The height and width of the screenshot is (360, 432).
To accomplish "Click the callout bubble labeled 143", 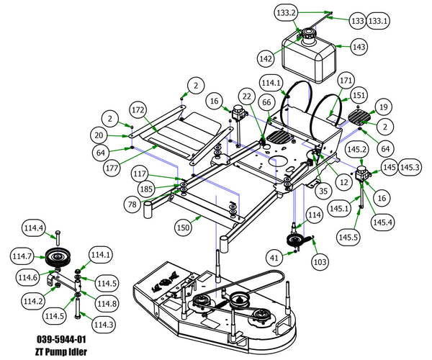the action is [x=359, y=47].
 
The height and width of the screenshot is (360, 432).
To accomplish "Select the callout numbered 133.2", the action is [x=287, y=13].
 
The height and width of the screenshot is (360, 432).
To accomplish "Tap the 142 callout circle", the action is [x=266, y=58].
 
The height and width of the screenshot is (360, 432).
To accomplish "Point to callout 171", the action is [x=346, y=81].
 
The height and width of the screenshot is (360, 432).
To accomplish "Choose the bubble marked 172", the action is [x=138, y=110].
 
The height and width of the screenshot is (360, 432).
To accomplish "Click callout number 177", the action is [x=112, y=167].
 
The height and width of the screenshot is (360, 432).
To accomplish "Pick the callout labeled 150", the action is [x=183, y=228].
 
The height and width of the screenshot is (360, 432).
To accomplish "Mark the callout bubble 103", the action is [x=320, y=261].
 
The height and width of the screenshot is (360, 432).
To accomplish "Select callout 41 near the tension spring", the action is [x=274, y=258].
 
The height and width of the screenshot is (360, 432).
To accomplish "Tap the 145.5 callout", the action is [x=348, y=237].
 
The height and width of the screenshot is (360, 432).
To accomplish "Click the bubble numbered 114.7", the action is [x=22, y=256].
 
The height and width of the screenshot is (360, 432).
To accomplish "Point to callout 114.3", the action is [x=104, y=325].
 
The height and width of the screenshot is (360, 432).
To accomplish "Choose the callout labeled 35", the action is [x=323, y=190].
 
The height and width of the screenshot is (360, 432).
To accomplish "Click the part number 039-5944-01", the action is [x=61, y=339].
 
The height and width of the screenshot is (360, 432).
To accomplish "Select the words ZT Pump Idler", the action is [x=61, y=352].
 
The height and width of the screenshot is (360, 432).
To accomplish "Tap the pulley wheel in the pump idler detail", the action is [x=58, y=257].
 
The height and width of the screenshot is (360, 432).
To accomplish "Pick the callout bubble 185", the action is [x=146, y=189].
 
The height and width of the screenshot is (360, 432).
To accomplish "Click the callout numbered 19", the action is [x=384, y=107].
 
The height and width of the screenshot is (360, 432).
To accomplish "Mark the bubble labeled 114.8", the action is [x=107, y=304].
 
